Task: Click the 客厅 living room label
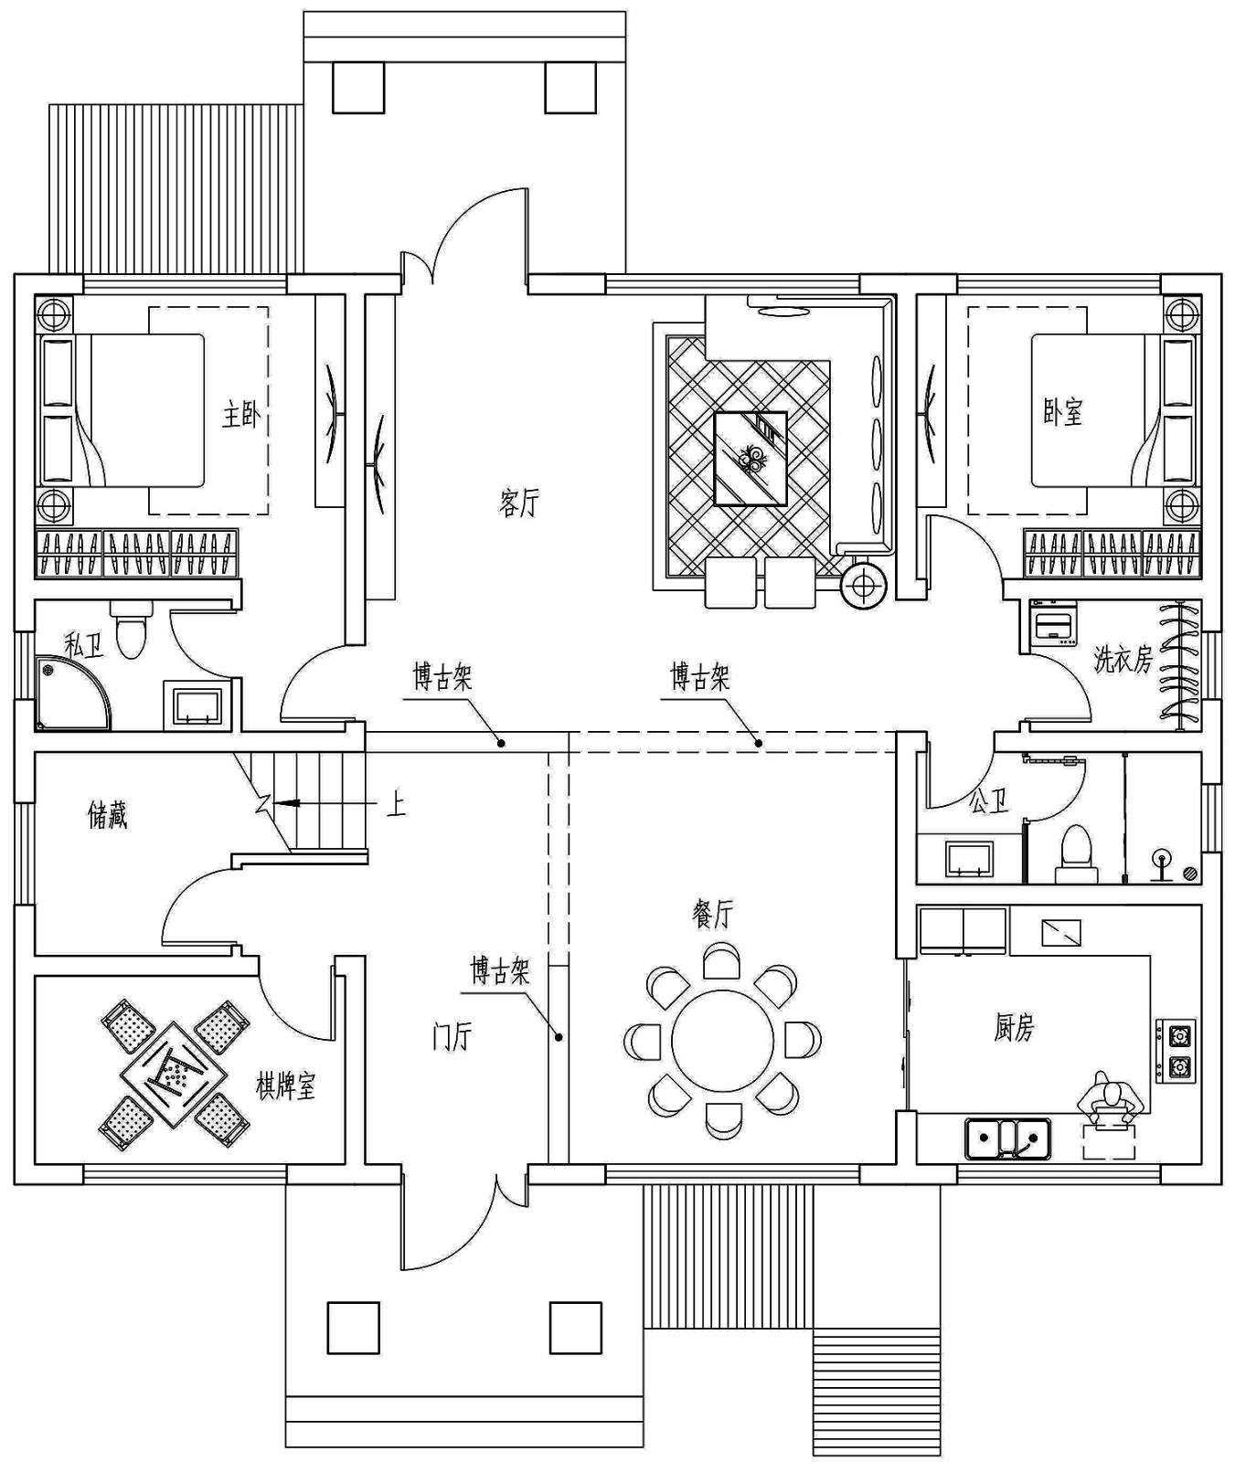(519, 503)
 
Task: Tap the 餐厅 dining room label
(713, 913)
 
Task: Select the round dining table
(721, 1041)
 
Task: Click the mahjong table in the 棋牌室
(174, 1075)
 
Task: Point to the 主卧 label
(241, 416)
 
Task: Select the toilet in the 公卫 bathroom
(1077, 854)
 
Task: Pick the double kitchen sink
(1007, 1139)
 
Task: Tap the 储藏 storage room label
(107, 815)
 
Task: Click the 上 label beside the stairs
(396, 805)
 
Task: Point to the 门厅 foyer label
(452, 1038)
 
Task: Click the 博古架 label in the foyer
(499, 970)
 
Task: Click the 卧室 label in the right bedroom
(1062, 412)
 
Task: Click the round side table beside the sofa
(863, 585)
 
